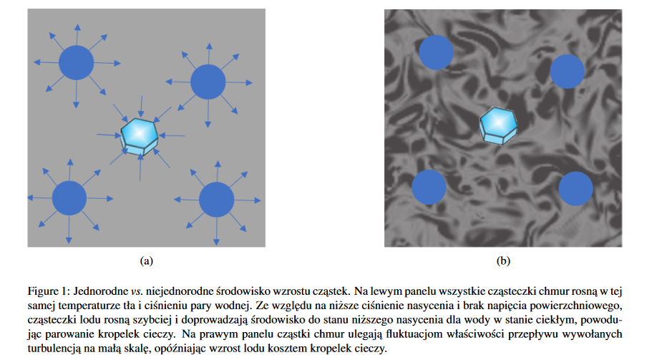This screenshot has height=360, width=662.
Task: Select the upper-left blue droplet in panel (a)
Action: pos(76,62)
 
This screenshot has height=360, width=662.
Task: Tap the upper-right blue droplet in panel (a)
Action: pos(208,81)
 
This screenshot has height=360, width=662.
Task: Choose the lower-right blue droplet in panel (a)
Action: pos(216,200)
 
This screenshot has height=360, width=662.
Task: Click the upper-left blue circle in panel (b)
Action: pos(436,52)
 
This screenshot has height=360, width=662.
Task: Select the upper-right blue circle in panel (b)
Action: pos(568,71)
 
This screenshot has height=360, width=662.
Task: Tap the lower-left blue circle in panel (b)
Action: pos(429,186)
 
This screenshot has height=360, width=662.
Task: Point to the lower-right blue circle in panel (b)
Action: pos(575,188)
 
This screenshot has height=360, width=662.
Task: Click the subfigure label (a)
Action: pos(147,261)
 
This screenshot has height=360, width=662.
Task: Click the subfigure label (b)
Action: pos(502,261)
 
